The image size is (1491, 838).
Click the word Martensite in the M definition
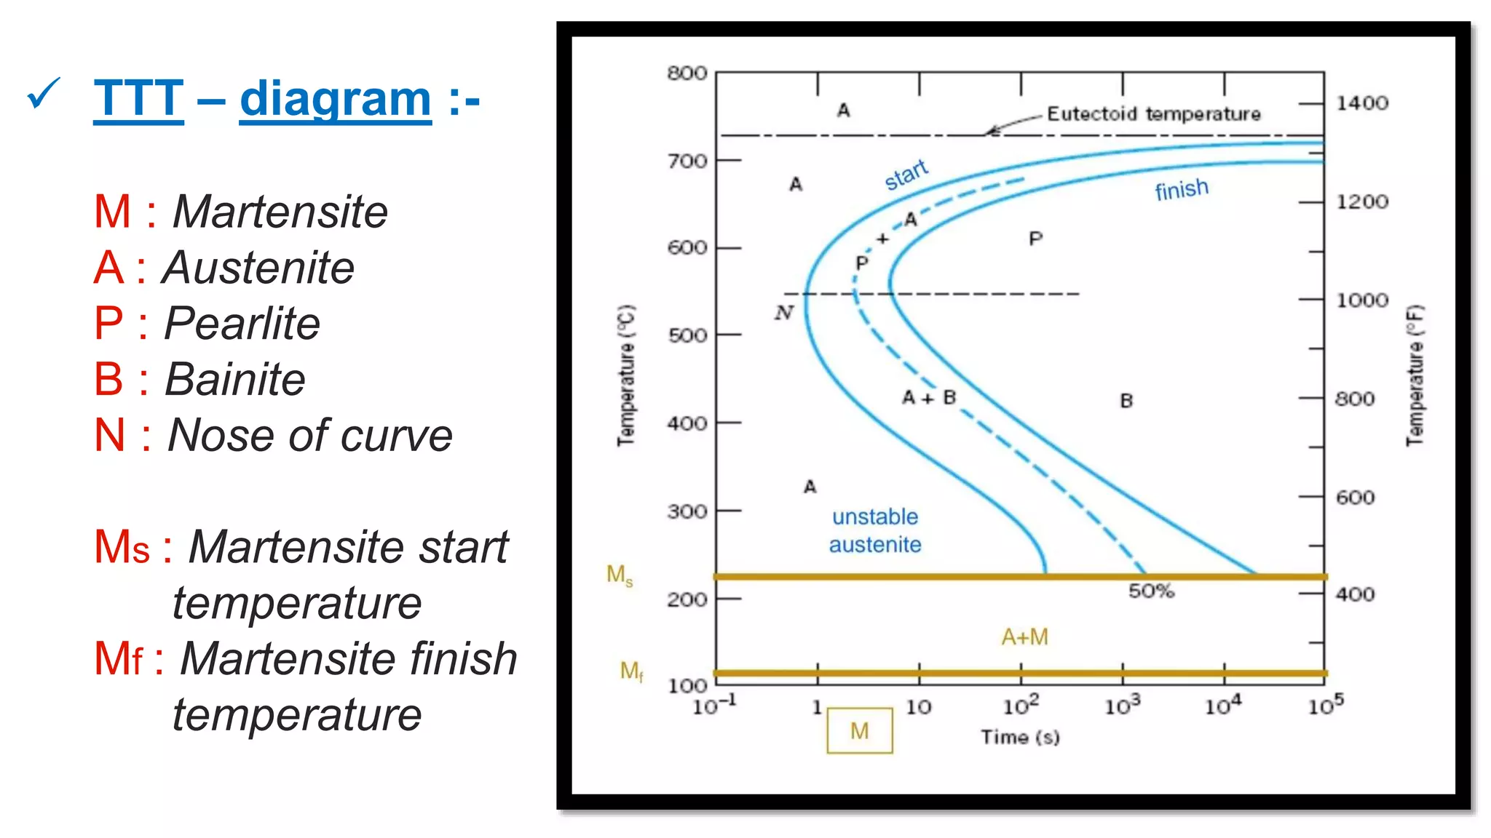click(280, 212)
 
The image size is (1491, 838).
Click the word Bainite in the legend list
click(234, 379)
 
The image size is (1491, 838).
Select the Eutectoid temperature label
click(1153, 114)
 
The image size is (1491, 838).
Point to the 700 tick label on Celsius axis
click(687, 161)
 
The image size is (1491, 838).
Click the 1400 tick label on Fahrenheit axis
click(1362, 103)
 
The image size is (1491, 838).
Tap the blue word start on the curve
click(906, 175)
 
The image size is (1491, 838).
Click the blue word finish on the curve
click(1181, 189)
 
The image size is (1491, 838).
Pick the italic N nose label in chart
click(783, 313)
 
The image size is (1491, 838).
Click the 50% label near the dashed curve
click(1151, 591)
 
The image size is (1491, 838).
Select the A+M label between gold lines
click(1024, 637)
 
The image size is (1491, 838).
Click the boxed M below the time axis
click(859, 730)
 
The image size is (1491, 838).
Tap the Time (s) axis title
click(1019, 737)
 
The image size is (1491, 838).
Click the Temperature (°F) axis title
click(1415, 375)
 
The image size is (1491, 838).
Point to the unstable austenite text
click(875, 530)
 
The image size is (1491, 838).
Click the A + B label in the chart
click(928, 398)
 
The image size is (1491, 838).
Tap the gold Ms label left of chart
click(620, 575)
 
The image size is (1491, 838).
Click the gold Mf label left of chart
click(631, 671)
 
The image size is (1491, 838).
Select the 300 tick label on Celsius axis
click(687, 511)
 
